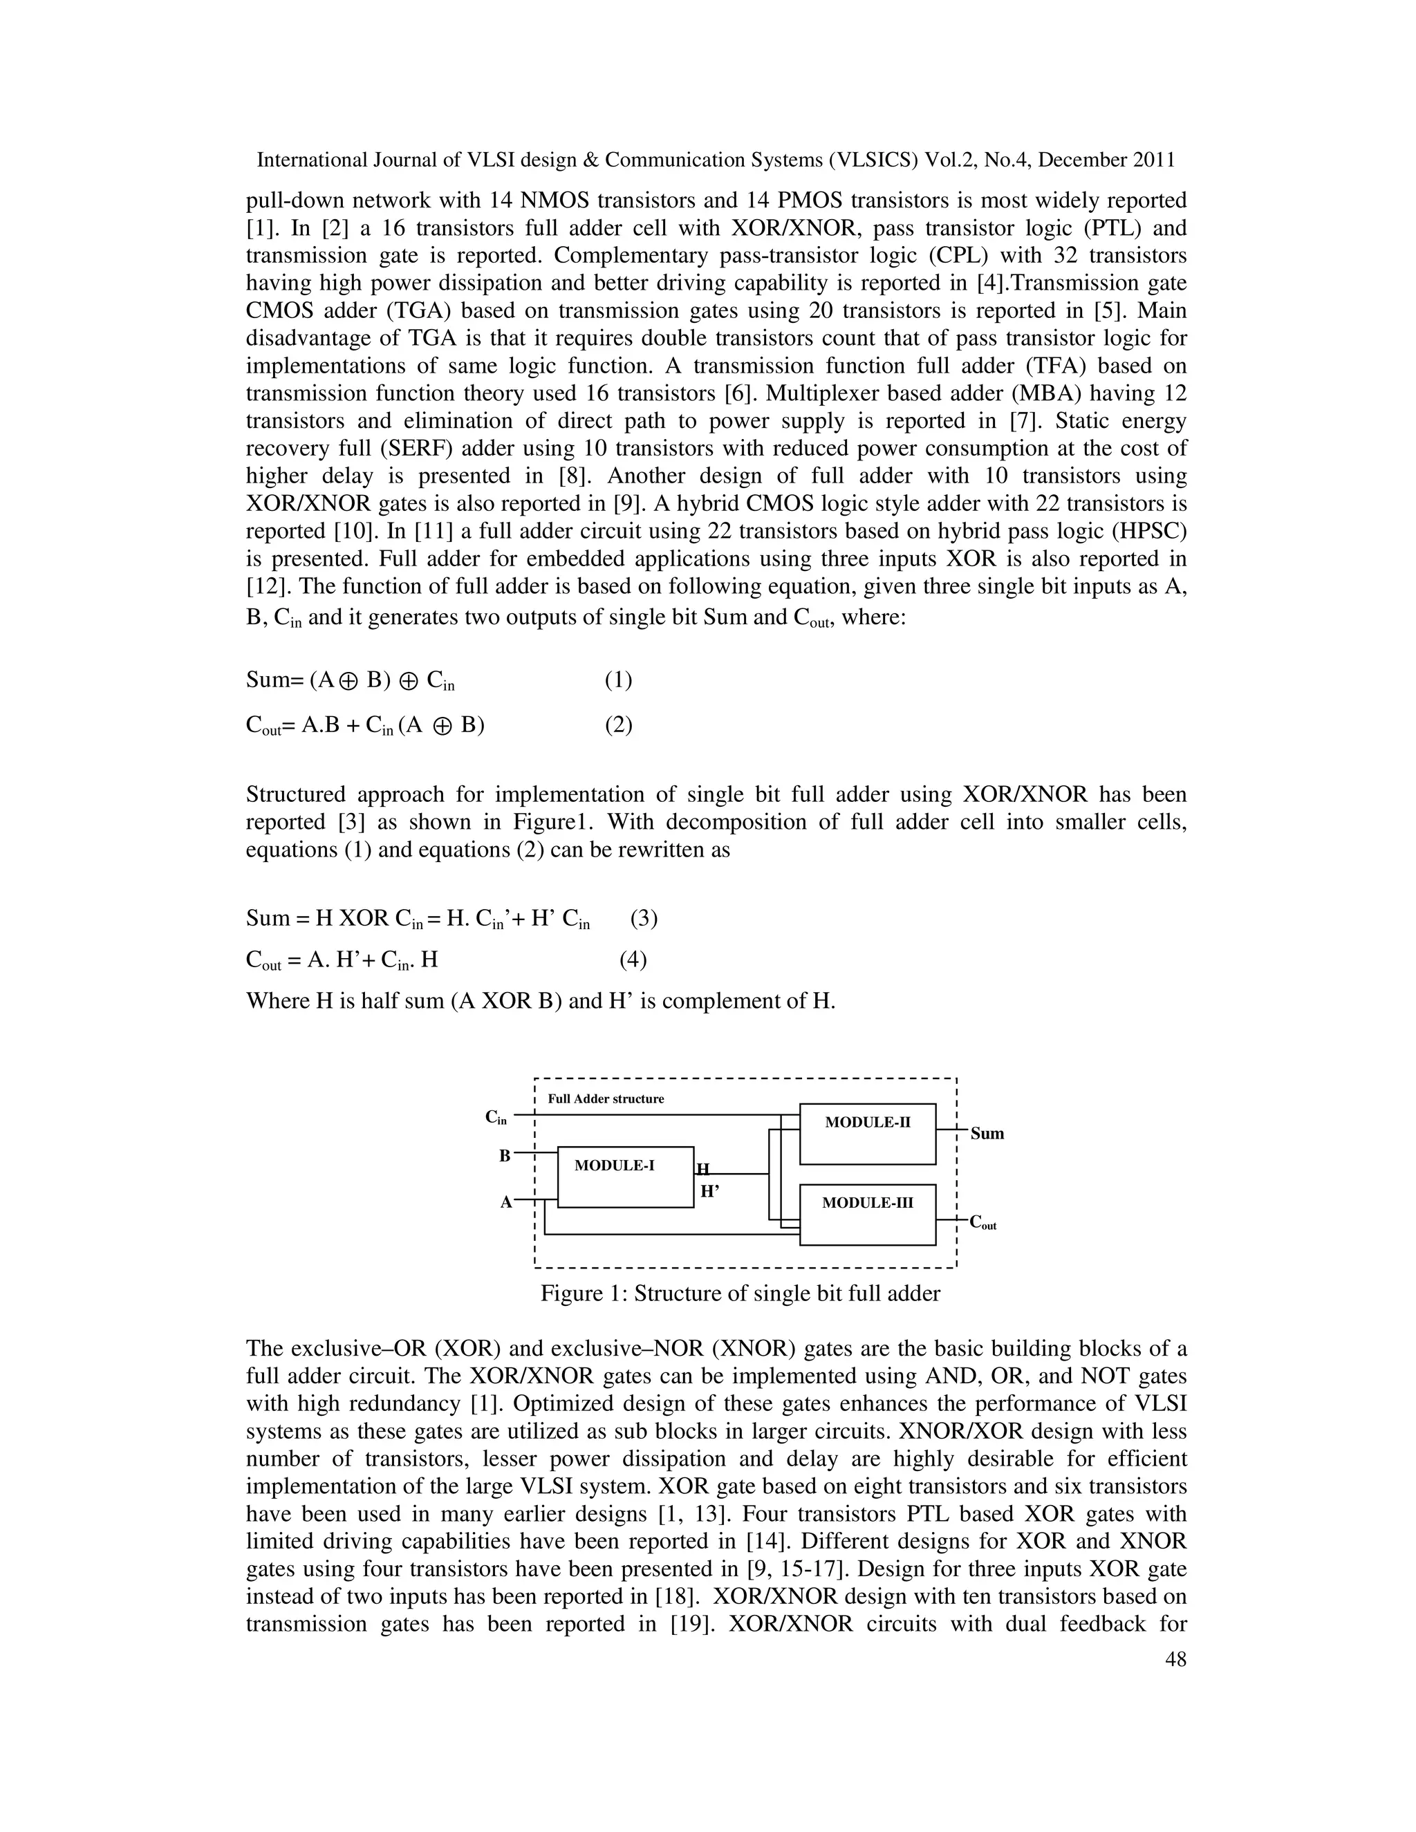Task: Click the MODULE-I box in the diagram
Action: pos(625,1176)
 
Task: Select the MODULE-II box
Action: pos(868,1133)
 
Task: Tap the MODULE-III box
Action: pos(868,1214)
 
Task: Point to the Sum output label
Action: pos(987,1134)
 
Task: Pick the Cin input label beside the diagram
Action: pos(496,1117)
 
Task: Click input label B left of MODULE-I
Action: pos(504,1156)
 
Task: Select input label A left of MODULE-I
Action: pos(506,1202)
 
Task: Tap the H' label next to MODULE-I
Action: pos(709,1190)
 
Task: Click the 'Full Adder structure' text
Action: pos(605,1099)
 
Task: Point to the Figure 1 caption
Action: pos(740,1293)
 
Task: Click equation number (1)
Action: pos(618,680)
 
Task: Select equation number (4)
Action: pos(633,959)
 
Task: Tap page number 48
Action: pos(1175,1659)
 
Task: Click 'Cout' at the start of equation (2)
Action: pos(263,726)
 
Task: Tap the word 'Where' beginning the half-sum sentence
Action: pos(277,1001)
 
